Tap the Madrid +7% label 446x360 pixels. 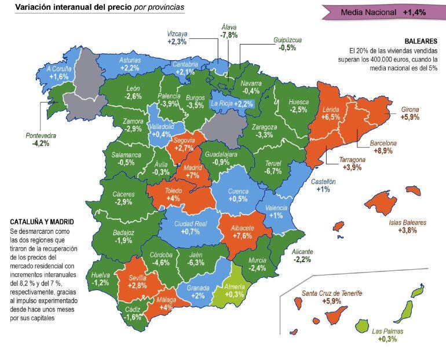(192, 171)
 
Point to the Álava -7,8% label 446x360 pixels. (229, 31)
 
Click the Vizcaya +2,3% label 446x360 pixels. (177, 38)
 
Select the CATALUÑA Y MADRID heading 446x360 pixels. (42, 222)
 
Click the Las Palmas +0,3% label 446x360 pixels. (387, 335)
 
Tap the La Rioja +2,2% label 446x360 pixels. (232, 104)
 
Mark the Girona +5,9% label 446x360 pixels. (410, 113)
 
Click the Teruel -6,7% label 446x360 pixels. (272, 167)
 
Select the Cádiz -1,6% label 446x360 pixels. (133, 313)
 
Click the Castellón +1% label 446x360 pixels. (323, 185)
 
